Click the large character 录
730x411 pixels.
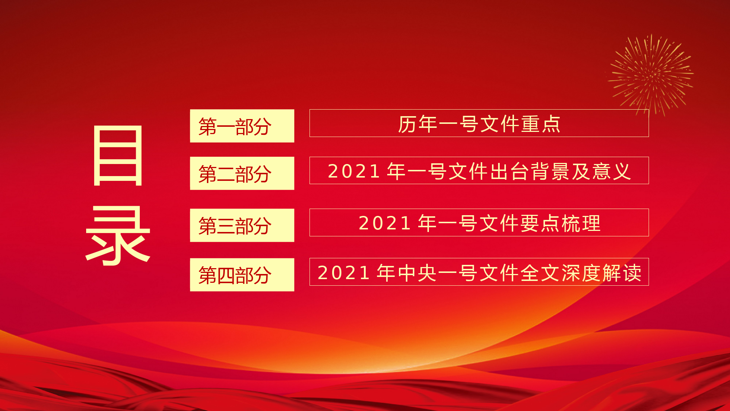[118, 236]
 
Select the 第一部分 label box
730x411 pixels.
[242, 126]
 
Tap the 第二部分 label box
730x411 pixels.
[242, 173]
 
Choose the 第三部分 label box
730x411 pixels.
[242, 225]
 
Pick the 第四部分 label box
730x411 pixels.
[242, 275]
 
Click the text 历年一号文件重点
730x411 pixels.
[479, 124]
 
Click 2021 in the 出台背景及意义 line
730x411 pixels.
[354, 171]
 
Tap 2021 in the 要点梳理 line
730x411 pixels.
[385, 223]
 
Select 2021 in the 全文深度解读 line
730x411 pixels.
[344, 273]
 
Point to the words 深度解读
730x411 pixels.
[602, 273]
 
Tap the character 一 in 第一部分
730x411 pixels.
[226, 127]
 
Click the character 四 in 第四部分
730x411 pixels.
[226, 275]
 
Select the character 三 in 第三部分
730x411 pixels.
[226, 226]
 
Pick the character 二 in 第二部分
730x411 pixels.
[226, 174]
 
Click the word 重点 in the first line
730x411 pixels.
[541, 124]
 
